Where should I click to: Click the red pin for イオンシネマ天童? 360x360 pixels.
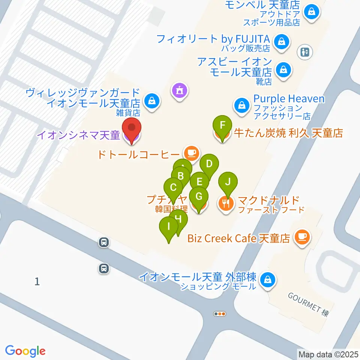pyautogui.click(x=132, y=129)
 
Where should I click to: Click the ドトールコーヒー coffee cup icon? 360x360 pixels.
pyautogui.click(x=191, y=153)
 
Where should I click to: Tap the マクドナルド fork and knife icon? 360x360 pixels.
pyautogui.click(x=226, y=204)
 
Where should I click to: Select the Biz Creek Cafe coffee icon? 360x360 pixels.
pyautogui.click(x=302, y=237)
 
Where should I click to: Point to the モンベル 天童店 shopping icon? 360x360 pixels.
pyautogui.click(x=312, y=12)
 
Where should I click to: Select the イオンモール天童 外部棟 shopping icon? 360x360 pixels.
pyautogui.click(x=268, y=280)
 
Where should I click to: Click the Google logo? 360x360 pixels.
pyautogui.click(x=25, y=351)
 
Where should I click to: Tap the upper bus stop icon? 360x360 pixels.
pyautogui.click(x=104, y=243)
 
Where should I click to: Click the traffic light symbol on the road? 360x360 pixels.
pyautogui.click(x=220, y=314)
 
